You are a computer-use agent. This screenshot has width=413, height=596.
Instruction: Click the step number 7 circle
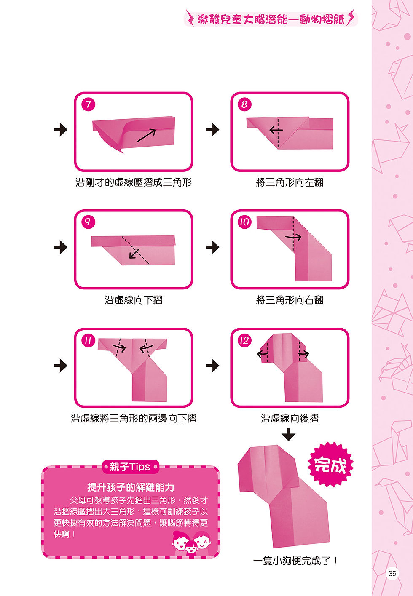point(88,104)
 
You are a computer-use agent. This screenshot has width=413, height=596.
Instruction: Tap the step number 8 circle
point(244,104)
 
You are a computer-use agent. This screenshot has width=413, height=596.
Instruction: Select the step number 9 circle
point(88,222)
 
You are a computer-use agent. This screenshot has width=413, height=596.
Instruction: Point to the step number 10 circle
point(244,222)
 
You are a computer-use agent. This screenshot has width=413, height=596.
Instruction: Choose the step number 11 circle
point(88,341)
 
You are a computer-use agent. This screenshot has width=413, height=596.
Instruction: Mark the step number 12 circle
point(244,341)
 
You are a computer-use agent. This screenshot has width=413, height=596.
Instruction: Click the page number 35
point(392,573)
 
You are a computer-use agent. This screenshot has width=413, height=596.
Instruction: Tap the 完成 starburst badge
point(330,465)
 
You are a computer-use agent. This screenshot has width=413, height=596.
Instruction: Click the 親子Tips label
point(131,467)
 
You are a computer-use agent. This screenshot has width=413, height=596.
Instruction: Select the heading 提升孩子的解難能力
point(131,487)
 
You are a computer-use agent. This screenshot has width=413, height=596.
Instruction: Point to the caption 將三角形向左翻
point(290,182)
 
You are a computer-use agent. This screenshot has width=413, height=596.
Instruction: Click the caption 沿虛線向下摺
point(134,300)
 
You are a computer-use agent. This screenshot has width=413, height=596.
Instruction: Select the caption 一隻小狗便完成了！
point(295,561)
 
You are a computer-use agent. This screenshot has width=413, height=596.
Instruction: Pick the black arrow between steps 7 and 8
point(212,130)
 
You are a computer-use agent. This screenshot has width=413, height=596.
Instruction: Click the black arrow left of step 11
point(60,365)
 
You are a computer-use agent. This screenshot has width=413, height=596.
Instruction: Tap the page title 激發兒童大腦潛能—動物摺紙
point(271,19)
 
